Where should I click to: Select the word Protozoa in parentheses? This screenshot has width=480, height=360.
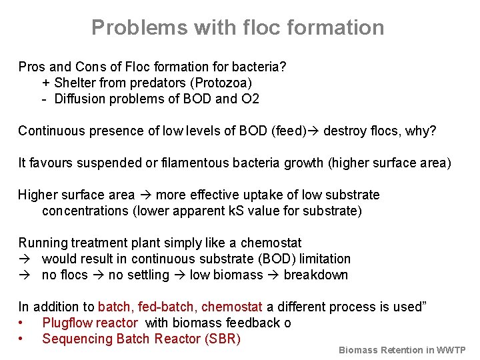221,83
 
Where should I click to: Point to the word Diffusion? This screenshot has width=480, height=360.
81,99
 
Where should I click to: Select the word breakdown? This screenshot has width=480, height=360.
315,275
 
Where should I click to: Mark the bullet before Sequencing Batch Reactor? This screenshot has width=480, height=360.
22,339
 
